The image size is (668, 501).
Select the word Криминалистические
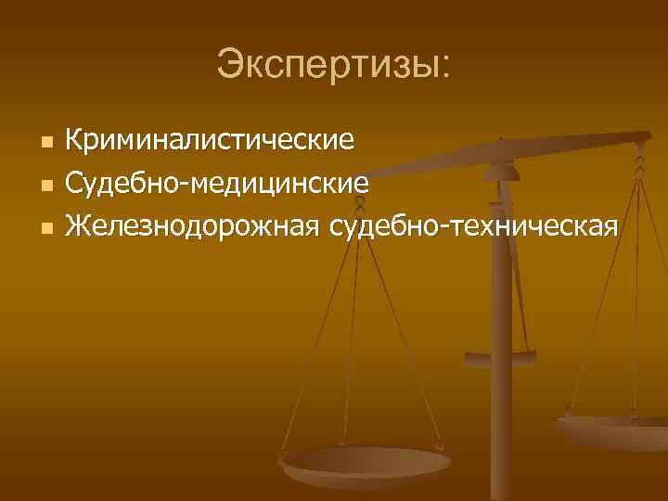click(216, 142)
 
